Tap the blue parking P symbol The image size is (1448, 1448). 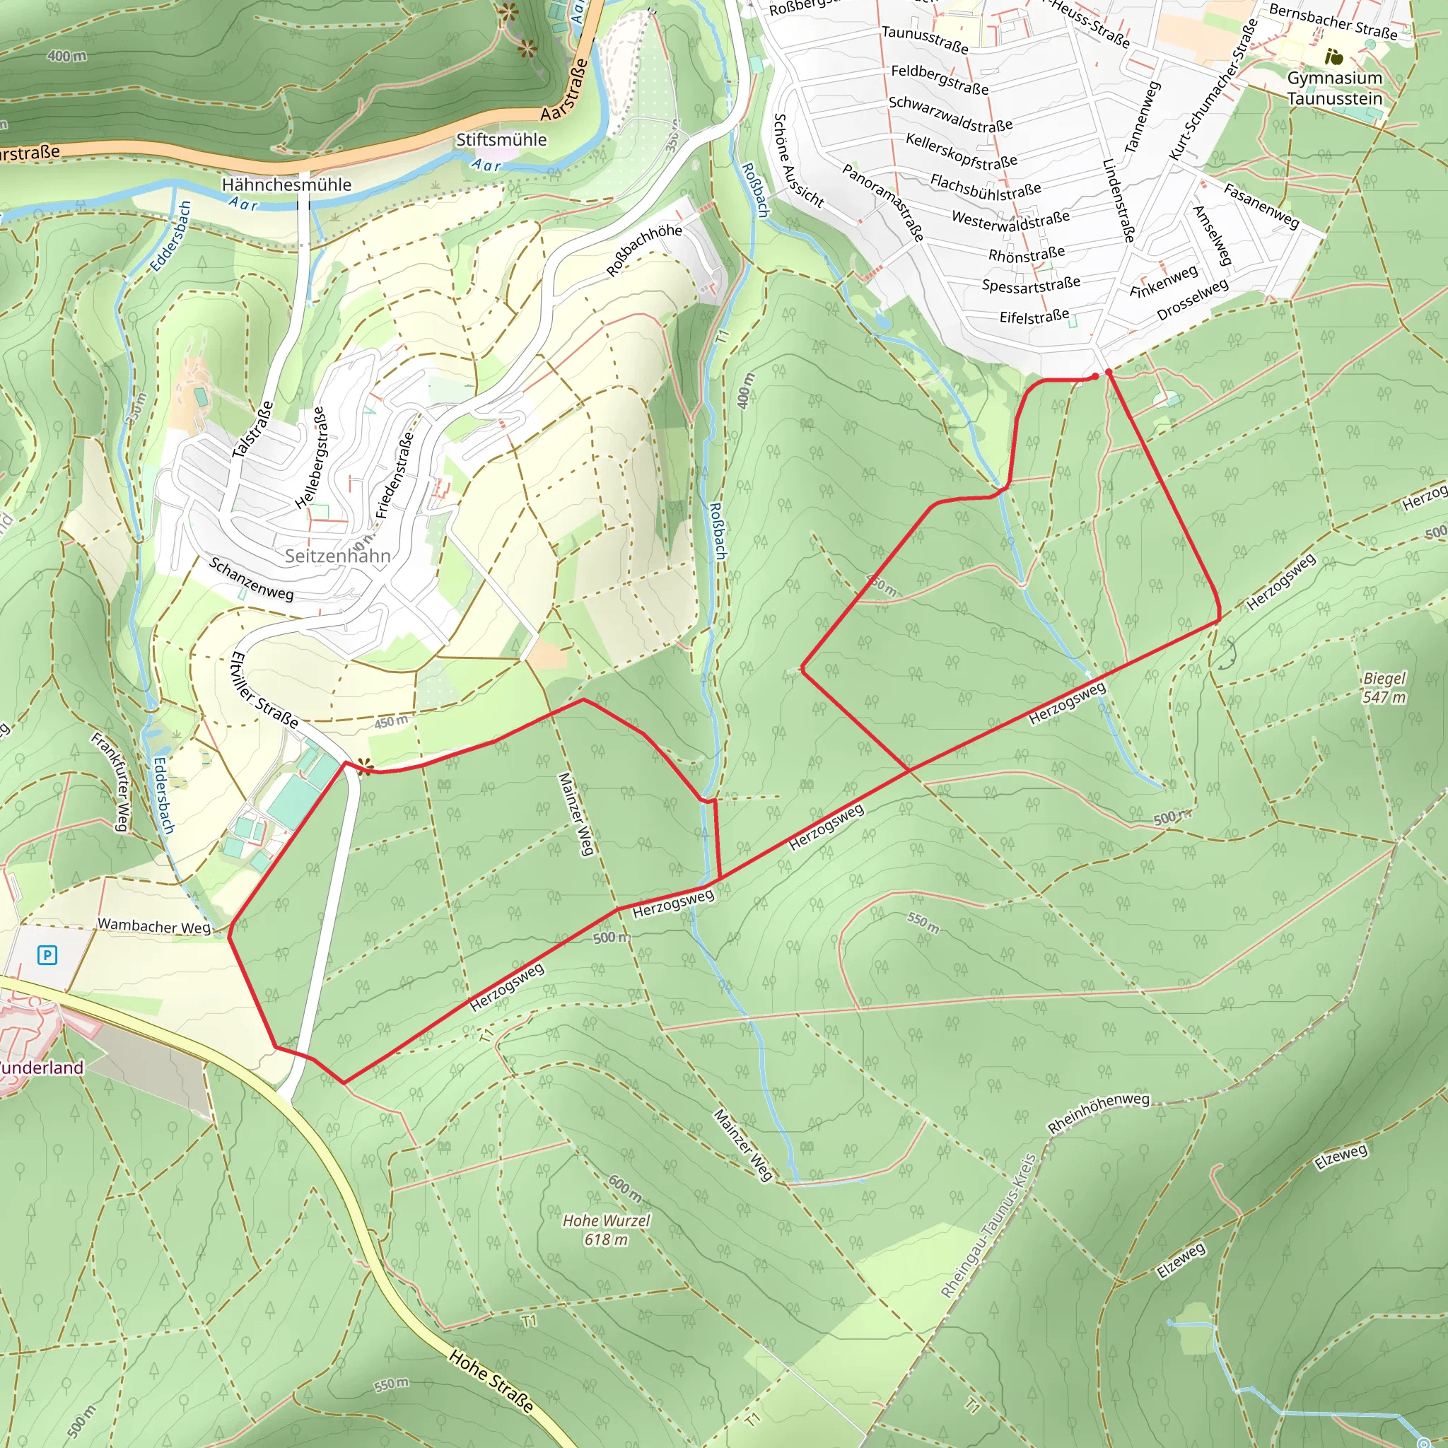pyautogui.click(x=47, y=954)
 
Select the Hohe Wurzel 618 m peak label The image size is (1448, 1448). pyautogui.click(x=607, y=1230)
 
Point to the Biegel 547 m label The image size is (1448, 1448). pyautogui.click(x=1384, y=687)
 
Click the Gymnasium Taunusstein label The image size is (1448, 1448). pyautogui.click(x=1334, y=88)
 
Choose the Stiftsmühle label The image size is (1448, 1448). pyautogui.click(x=501, y=140)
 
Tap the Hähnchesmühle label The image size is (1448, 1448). pyautogui.click(x=286, y=185)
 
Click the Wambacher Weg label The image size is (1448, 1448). pyautogui.click(x=154, y=926)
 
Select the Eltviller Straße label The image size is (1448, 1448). pyautogui.click(x=264, y=690)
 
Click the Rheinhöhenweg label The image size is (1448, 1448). pyautogui.click(x=1098, y=1113)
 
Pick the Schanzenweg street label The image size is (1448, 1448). pyautogui.click(x=251, y=578)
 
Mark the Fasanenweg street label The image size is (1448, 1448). pyautogui.click(x=1261, y=205)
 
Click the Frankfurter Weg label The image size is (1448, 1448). pyautogui.click(x=110, y=781)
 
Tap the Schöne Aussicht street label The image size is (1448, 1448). pyautogui.click(x=798, y=160)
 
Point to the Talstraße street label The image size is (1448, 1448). pyautogui.click(x=252, y=430)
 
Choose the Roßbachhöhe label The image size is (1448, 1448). pyautogui.click(x=644, y=250)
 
